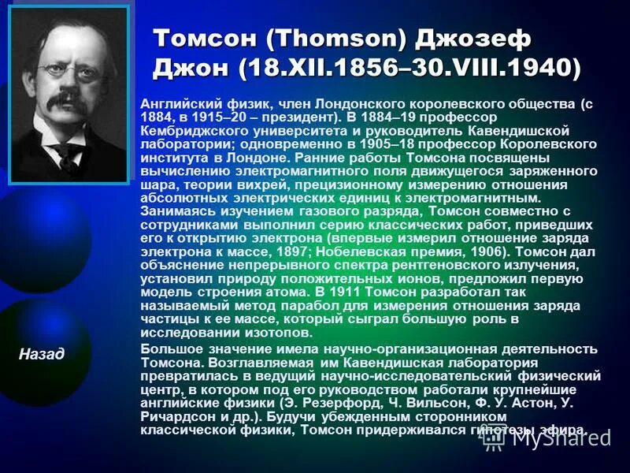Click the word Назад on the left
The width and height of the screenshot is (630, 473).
point(41,354)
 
